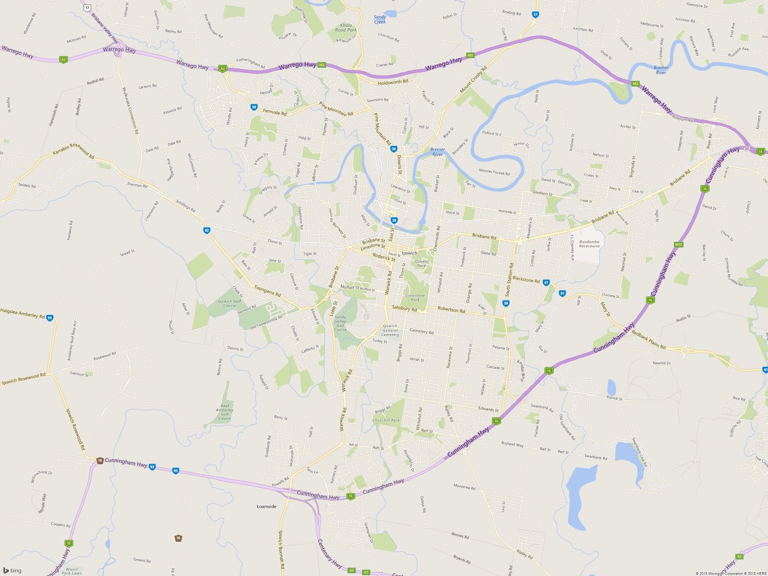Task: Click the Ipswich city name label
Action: [x=409, y=253]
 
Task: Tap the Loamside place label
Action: [x=266, y=506]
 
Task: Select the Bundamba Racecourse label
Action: [x=589, y=244]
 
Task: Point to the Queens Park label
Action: [x=421, y=264]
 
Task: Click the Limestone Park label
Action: [x=415, y=298]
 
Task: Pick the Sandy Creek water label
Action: [x=380, y=19]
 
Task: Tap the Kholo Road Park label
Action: [x=346, y=28]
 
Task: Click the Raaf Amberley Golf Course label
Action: [x=225, y=412]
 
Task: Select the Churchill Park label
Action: [x=386, y=420]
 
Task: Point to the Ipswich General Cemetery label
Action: [x=390, y=330]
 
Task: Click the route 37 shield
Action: [x=535, y=14]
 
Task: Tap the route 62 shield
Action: [x=207, y=230]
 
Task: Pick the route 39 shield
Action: [x=505, y=303]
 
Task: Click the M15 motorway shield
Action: [x=678, y=245]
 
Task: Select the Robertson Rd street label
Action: [x=451, y=310]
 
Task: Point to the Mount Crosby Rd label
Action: [x=473, y=80]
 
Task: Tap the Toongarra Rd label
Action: [x=267, y=291]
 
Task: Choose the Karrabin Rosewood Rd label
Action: [x=73, y=150]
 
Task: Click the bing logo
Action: [x=12, y=570]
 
